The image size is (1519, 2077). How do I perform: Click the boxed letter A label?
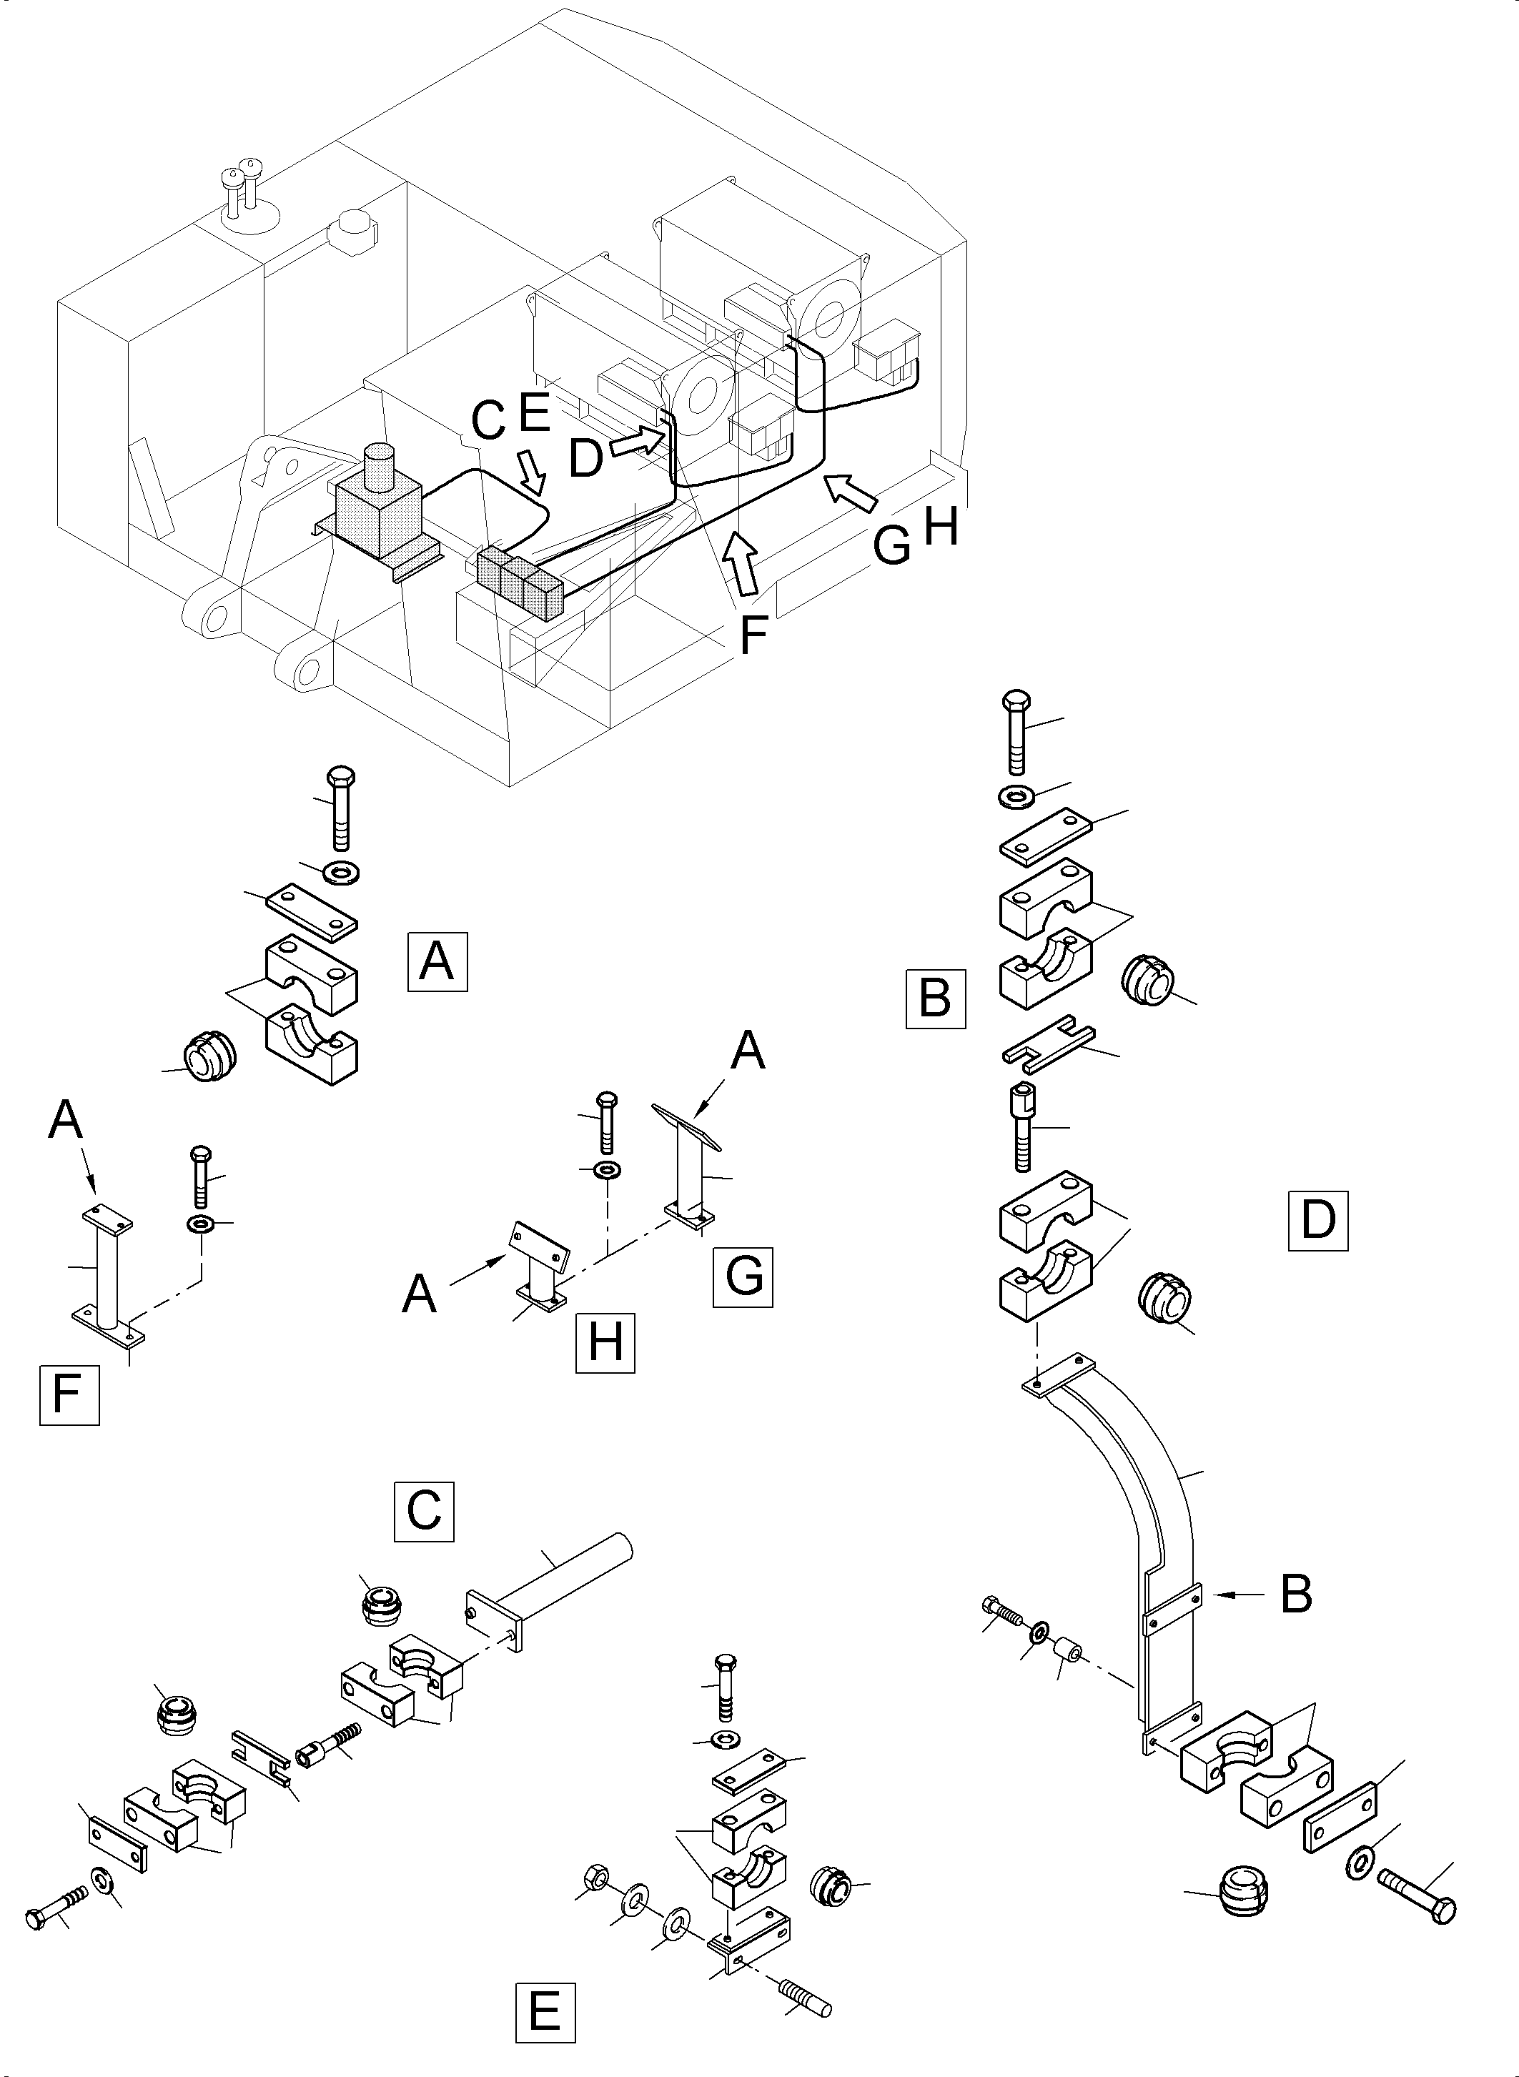437,962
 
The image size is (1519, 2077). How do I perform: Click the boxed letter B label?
935,998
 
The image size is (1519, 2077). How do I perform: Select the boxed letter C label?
424,1511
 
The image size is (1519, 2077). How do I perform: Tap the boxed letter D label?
1317,1220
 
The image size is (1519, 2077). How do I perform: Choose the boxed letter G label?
742,1277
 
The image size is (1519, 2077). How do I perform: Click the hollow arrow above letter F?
741,564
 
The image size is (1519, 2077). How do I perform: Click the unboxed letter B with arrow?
1295,1595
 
